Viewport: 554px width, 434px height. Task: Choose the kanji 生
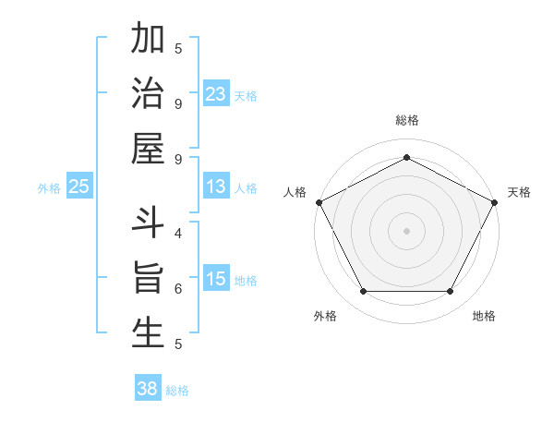(148, 332)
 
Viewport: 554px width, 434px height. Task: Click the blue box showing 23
(216, 93)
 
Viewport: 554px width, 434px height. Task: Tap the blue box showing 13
(216, 187)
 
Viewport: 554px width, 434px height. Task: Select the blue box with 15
(216, 279)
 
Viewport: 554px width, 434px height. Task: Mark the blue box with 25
(78, 187)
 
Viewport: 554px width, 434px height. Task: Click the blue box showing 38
(147, 389)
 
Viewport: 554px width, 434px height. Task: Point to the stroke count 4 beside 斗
(177, 233)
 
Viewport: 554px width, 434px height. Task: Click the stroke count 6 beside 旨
(177, 288)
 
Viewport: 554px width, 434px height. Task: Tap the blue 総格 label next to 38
(177, 391)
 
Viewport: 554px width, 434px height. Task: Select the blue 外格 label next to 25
(49, 188)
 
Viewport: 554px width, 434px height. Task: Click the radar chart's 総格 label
(407, 120)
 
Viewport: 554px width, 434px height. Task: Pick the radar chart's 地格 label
(484, 317)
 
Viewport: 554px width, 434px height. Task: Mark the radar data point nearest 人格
(319, 202)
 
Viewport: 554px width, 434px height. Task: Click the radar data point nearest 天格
(496, 201)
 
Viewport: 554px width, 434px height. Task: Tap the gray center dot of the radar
(406, 230)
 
